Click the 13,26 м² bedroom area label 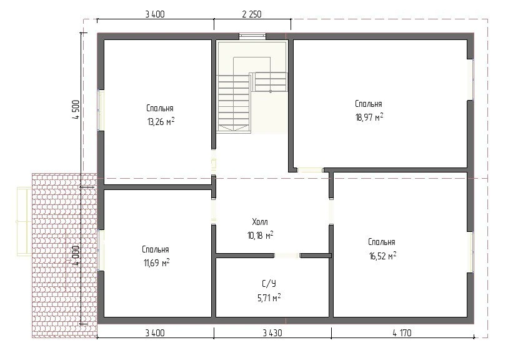(x=161, y=121)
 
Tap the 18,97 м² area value (x=369, y=117)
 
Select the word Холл (x=260, y=221)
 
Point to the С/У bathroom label (x=269, y=284)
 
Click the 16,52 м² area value (x=382, y=256)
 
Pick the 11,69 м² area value (x=156, y=263)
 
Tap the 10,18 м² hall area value (x=260, y=235)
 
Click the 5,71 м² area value (x=269, y=297)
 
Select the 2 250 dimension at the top (x=252, y=14)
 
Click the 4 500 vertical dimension (x=76, y=110)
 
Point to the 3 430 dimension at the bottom (x=272, y=332)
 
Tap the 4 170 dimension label (x=402, y=332)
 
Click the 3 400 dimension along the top (x=155, y=14)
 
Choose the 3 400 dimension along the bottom (x=155, y=332)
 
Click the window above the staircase (x=252, y=36)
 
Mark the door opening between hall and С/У (x=287, y=256)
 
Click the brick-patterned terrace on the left (x=64, y=255)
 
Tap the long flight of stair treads (x=234, y=104)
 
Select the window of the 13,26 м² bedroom (x=101, y=110)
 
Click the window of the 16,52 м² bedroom (x=471, y=252)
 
